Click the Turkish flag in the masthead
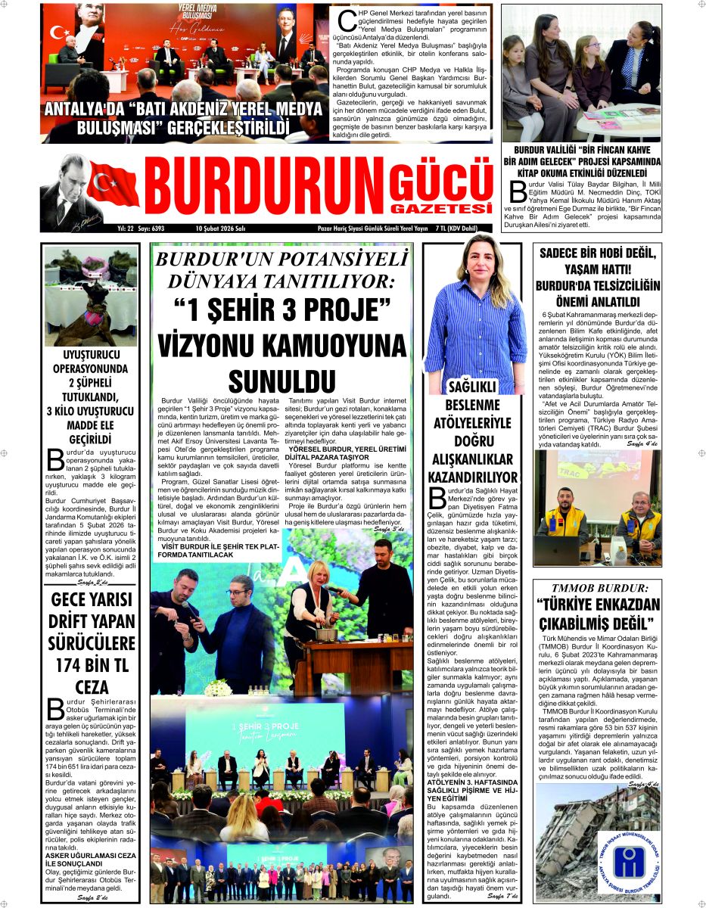[114, 184]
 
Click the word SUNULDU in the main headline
[281, 378]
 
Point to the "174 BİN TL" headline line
[91, 667]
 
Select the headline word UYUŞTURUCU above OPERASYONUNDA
[91, 354]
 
